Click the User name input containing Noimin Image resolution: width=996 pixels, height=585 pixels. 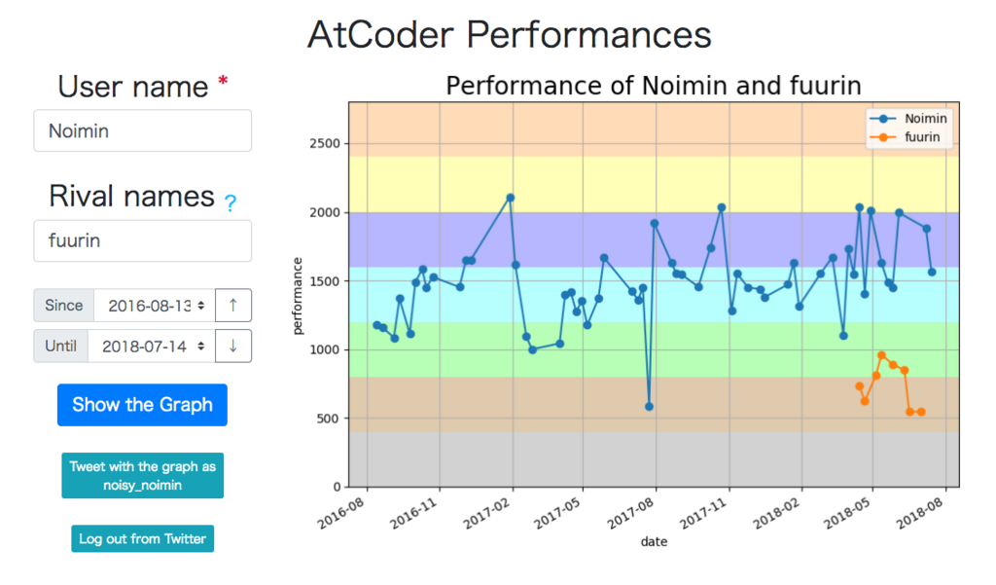click(142, 131)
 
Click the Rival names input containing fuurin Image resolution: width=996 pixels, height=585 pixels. click(142, 241)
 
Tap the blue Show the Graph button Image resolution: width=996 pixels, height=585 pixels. click(142, 405)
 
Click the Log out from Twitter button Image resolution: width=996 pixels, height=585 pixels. click(142, 538)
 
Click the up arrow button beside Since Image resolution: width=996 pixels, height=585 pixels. click(233, 306)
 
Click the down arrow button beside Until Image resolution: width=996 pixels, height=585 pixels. click(233, 346)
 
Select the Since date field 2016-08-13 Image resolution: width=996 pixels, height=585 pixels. click(155, 306)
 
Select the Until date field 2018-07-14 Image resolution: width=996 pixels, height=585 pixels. click(151, 346)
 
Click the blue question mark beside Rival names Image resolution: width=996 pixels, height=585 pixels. click(230, 202)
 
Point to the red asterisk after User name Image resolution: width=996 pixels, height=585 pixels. click(223, 81)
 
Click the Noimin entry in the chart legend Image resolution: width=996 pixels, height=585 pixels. click(908, 119)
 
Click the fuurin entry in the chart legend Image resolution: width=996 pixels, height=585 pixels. click(906, 137)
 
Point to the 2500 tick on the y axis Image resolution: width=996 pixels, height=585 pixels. click(325, 144)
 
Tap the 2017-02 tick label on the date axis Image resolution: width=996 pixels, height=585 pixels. click(489, 513)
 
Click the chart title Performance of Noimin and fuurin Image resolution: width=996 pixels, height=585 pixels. click(654, 86)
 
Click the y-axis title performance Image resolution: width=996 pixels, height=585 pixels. click(298, 296)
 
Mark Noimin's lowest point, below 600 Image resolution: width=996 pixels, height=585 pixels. click(649, 406)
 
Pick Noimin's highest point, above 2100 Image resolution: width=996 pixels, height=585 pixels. click(510, 198)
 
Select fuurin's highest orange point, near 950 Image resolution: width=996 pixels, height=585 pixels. click(881, 355)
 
